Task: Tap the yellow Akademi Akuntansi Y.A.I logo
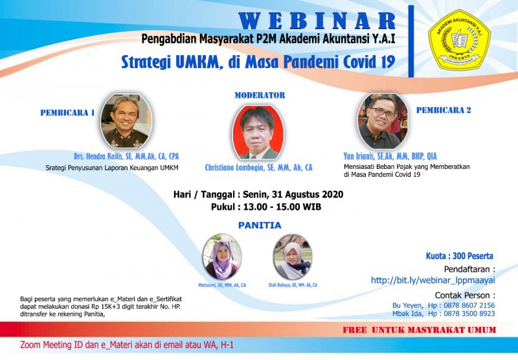(x=459, y=40)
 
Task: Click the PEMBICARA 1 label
(x=67, y=113)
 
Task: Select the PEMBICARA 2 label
(x=444, y=110)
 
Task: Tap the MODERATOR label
(x=259, y=95)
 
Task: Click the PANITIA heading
(x=259, y=225)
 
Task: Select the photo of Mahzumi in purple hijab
(x=222, y=257)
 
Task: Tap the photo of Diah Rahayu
(x=293, y=257)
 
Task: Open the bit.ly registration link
(x=433, y=280)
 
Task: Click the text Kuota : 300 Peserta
(x=459, y=256)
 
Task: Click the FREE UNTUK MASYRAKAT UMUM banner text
(x=420, y=330)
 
